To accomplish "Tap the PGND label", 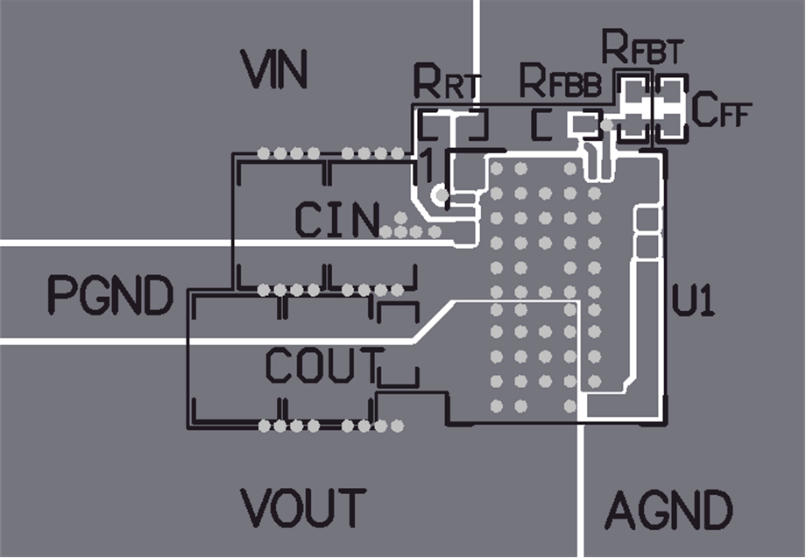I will click(x=110, y=296).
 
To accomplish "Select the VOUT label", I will click(x=303, y=507).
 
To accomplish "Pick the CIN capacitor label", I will click(x=337, y=220).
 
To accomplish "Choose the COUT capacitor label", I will click(x=325, y=366).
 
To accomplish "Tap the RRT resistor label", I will click(x=447, y=84).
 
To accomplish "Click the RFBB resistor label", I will click(x=561, y=82).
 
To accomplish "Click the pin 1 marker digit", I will click(x=427, y=166).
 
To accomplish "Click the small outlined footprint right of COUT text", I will click(x=399, y=346).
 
